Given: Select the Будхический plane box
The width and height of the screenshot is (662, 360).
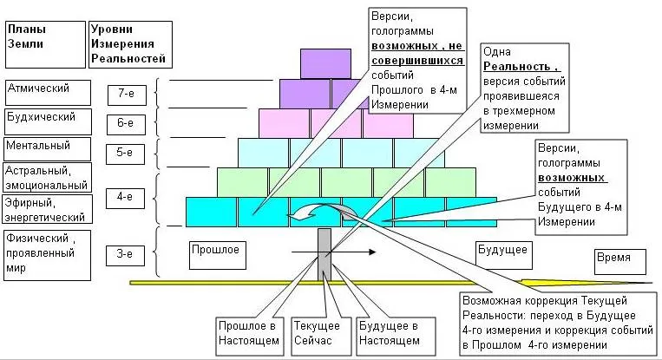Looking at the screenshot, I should [x=47, y=118].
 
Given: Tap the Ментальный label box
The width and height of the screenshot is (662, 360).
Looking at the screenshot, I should [x=47, y=147].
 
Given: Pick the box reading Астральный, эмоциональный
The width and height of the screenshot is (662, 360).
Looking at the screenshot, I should [x=47, y=177].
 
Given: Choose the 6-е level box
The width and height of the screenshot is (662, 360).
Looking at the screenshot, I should [x=124, y=123].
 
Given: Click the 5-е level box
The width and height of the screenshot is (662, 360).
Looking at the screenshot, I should [x=124, y=153].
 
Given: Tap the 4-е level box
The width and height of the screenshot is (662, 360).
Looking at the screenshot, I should [x=124, y=198].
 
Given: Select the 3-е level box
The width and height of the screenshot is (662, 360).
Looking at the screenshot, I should [x=124, y=254].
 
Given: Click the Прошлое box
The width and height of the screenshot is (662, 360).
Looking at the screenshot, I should [x=214, y=250].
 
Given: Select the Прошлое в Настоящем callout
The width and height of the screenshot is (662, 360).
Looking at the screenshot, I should [x=249, y=335].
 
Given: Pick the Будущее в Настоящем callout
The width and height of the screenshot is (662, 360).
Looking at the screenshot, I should [x=388, y=335].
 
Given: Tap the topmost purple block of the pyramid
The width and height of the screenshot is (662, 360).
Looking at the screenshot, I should [x=324, y=63].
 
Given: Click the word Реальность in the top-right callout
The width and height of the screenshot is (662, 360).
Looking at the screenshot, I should [x=521, y=67].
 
